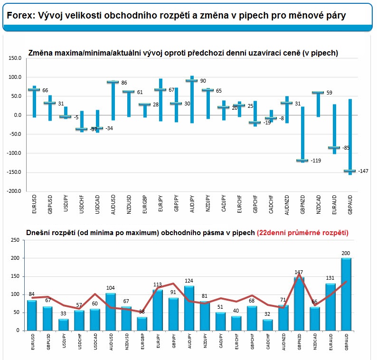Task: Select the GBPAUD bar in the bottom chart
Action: (346, 294)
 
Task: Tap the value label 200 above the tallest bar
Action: (346, 254)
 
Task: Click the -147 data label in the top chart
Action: (363, 171)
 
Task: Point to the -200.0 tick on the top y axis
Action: (14, 191)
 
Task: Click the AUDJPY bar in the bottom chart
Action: (189, 308)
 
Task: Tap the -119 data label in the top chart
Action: (315, 161)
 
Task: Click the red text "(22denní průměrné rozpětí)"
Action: (302, 233)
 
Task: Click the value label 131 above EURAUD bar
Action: (330, 279)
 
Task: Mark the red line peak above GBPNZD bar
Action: (299, 274)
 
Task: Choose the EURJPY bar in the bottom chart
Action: (158, 310)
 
